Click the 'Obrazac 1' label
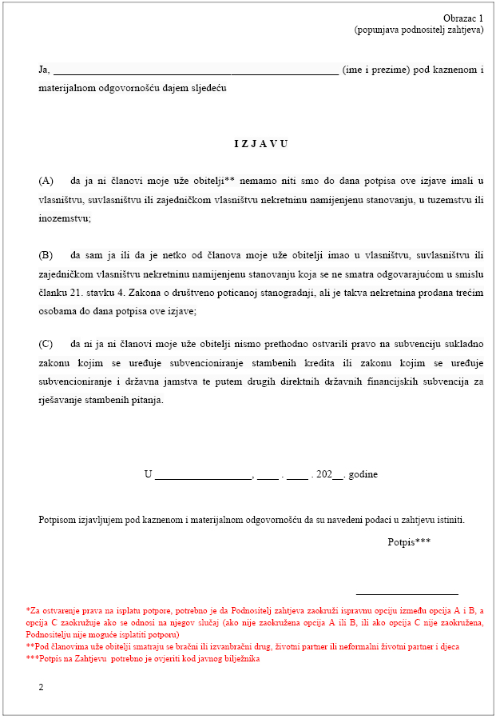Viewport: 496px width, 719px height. pos(463,18)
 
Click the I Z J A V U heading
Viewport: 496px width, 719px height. pos(260,144)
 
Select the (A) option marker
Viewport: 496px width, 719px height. pos(46,182)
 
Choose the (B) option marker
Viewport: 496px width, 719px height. pos(46,255)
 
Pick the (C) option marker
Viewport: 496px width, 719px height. pos(46,345)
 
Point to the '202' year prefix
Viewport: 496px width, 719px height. pos(324,474)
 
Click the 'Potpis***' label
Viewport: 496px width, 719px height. pos(409,541)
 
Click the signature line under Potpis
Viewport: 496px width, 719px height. pos(407,594)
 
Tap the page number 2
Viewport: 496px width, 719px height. pos(42,686)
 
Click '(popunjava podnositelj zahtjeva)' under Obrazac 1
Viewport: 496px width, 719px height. pos(419,30)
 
